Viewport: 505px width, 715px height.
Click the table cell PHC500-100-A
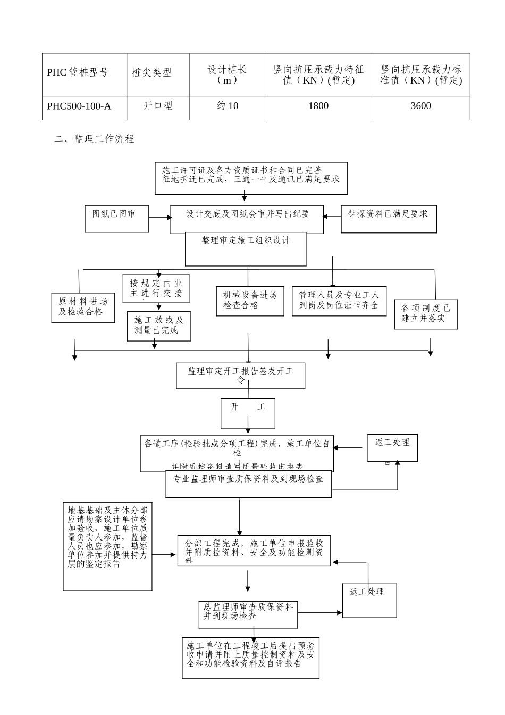(79, 106)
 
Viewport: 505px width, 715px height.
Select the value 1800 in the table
(318, 106)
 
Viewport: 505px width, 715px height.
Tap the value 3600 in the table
(420, 106)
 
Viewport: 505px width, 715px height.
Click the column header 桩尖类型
(152, 73)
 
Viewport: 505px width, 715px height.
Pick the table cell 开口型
(158, 106)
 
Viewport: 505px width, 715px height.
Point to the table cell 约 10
(228, 106)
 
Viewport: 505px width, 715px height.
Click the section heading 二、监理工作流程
(94, 139)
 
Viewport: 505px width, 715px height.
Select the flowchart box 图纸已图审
(116, 218)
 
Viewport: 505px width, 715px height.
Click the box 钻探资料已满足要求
(389, 219)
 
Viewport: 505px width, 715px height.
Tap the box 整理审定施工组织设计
(246, 248)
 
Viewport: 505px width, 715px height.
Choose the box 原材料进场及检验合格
(83, 307)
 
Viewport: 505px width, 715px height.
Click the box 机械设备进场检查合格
(250, 301)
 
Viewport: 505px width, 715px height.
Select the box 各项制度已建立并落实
(426, 314)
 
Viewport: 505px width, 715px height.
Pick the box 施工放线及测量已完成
(158, 326)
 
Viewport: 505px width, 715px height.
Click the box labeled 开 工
(248, 413)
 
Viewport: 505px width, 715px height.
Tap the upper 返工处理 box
(392, 447)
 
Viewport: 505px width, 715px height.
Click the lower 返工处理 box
(369, 600)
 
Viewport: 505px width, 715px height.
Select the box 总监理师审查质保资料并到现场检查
(248, 614)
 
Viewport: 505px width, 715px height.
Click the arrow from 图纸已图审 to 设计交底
(159, 218)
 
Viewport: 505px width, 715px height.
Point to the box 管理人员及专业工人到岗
(339, 301)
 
